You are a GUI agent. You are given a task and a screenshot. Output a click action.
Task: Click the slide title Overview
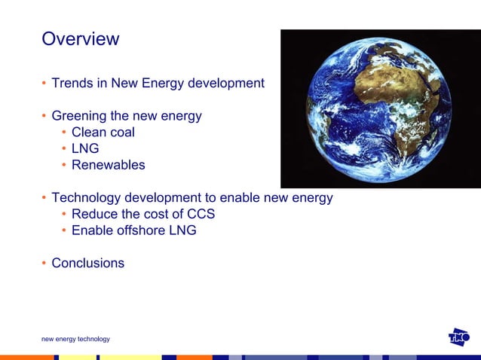80,39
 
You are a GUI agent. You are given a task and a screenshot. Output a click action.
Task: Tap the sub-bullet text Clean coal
103,133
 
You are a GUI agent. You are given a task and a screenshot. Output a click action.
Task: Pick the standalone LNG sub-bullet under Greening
85,148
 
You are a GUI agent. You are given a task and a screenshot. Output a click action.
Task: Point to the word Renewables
108,165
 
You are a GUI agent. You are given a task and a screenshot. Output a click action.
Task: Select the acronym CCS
201,214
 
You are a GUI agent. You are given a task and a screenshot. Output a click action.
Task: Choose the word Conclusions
87,264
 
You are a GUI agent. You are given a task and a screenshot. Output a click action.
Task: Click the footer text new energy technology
75,339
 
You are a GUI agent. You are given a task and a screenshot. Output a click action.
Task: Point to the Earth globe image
379,109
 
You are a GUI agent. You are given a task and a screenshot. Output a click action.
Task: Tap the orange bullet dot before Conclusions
44,264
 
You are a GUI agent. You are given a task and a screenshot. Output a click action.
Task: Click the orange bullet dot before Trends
44,83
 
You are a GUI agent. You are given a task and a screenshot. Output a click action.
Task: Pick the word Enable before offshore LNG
92,230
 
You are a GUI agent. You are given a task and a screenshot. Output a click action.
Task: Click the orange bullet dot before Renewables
64,165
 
